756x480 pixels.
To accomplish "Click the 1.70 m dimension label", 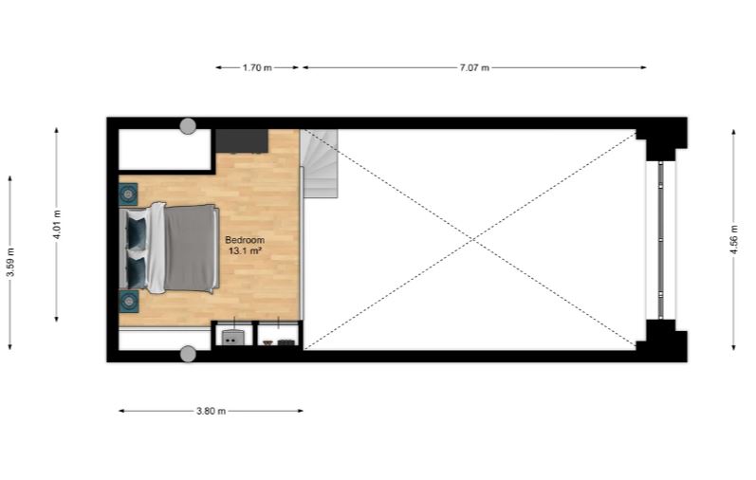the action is coord(257,67).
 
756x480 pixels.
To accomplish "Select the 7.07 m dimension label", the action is coord(474,67).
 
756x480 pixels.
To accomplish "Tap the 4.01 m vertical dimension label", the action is coord(57,224).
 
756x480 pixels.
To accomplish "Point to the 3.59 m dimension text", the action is coord(10,262).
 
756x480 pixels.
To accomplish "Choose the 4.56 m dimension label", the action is coord(734,239).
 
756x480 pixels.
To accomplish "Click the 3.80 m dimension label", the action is coord(211,411).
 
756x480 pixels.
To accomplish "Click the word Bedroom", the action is coord(245,240).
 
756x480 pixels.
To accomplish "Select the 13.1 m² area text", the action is coord(245,250).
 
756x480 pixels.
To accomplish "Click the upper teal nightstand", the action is coord(128,194).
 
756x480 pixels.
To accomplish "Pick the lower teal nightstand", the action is coord(128,302).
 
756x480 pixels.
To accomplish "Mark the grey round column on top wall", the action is coord(188,126).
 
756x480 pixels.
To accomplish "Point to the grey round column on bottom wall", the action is coord(188,354).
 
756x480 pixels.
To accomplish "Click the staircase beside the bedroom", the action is coord(319,163).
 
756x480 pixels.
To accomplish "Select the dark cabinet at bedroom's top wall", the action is coord(242,140).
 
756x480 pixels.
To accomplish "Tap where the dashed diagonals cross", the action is coord(472,239).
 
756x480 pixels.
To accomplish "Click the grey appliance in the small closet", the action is coord(231,338).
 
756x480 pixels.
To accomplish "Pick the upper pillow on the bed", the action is coord(137,234).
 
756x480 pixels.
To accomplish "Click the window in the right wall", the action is coord(660,240).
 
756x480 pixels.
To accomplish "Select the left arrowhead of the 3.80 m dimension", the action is coord(122,411).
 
